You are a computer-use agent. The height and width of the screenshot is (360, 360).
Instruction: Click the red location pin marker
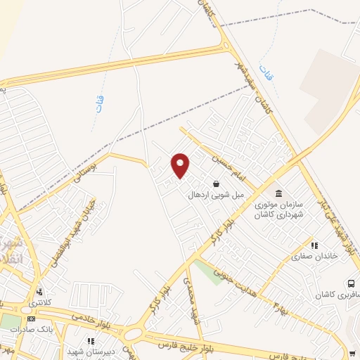[181, 165]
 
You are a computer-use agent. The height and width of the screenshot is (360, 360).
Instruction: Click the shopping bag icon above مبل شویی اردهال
[216, 184]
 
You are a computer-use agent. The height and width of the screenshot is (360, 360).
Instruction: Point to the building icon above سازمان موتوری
[278, 193]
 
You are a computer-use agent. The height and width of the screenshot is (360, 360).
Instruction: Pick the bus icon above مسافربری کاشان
[350, 283]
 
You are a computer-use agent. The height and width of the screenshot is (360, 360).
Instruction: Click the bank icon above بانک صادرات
[30, 318]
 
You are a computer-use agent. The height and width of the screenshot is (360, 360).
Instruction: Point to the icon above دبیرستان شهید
[89, 342]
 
